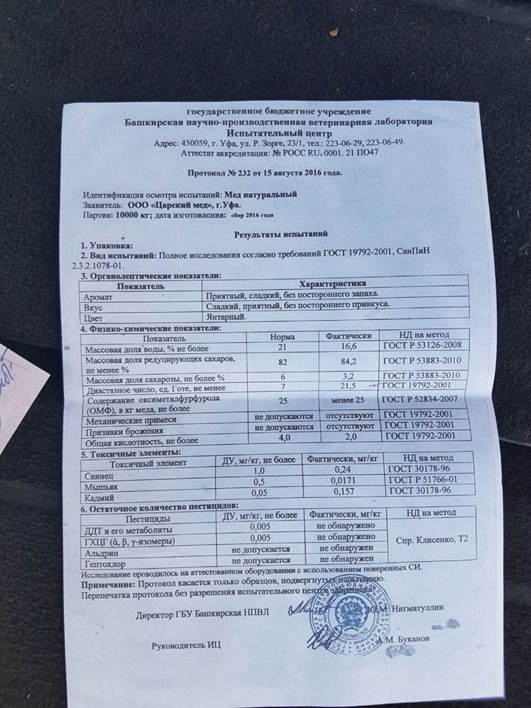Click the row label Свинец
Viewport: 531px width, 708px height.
tap(100, 476)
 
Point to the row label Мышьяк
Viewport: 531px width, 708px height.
tap(103, 487)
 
